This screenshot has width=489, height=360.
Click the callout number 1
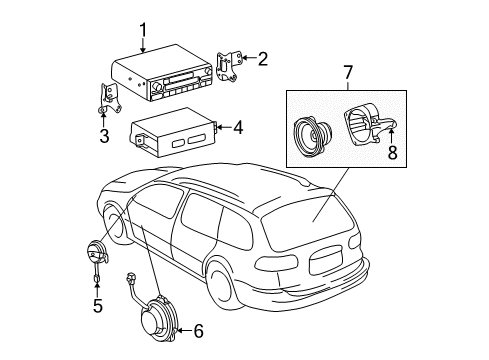pyautogui.click(x=142, y=29)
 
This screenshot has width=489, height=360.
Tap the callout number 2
pyautogui.click(x=262, y=58)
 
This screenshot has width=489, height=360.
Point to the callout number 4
pyautogui.click(x=237, y=127)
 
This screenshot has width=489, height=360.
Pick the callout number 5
pyautogui.click(x=97, y=306)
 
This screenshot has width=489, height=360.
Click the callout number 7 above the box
pyautogui.click(x=347, y=73)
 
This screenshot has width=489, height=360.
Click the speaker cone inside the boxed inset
pyautogui.click(x=315, y=135)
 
